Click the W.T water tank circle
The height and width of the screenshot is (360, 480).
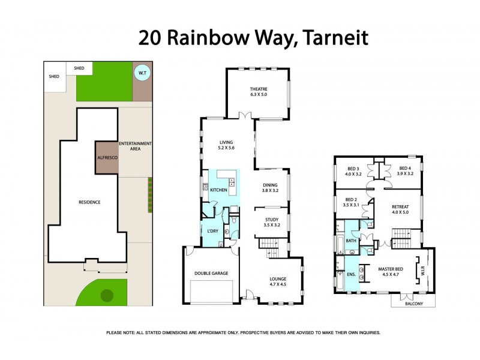pyautogui.click(x=142, y=73)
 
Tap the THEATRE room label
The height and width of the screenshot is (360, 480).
pyautogui.click(x=259, y=89)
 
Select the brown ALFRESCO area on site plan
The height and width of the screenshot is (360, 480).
pyautogui.click(x=106, y=157)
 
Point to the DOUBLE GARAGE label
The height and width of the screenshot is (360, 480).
pyautogui.click(x=211, y=273)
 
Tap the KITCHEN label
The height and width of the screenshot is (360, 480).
pyautogui.click(x=219, y=190)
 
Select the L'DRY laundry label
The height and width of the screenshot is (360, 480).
pyautogui.click(x=212, y=231)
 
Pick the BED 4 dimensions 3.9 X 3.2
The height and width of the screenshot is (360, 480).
pyautogui.click(x=405, y=173)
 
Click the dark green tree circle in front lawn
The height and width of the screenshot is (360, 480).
pyautogui.click(x=107, y=295)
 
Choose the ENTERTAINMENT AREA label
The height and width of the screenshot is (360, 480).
pyautogui.click(x=135, y=147)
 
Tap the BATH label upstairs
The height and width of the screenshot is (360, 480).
pyautogui.click(x=351, y=241)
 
